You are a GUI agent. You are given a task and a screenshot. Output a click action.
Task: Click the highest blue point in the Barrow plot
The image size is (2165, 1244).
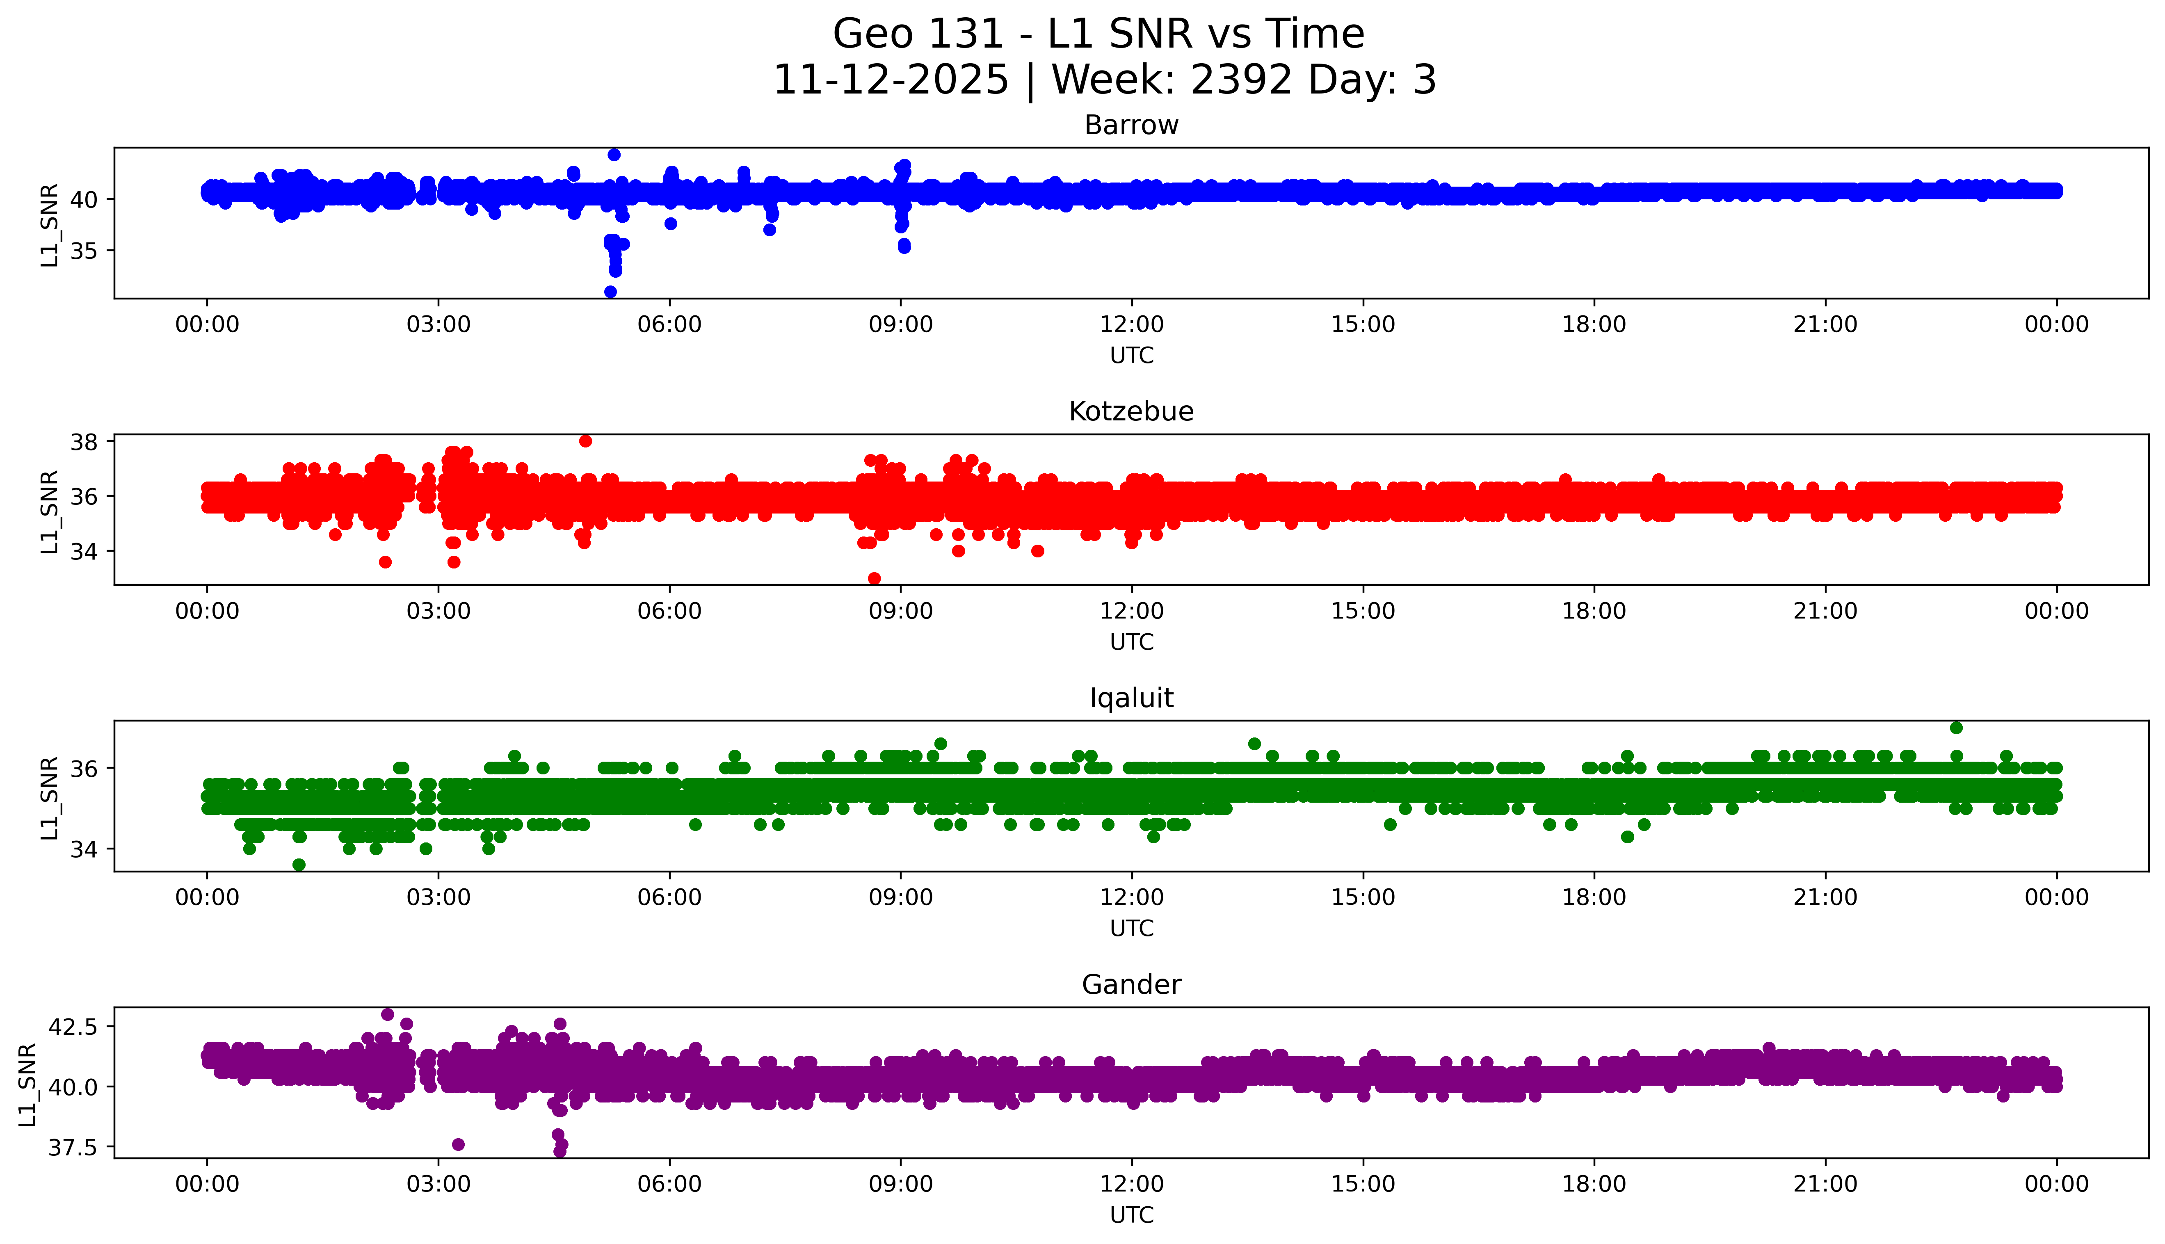pyautogui.click(x=614, y=155)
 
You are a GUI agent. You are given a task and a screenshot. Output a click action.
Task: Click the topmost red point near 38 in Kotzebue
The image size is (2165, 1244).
pyautogui.click(x=585, y=441)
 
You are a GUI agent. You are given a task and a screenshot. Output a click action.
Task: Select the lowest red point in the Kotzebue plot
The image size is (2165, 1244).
pyautogui.click(x=874, y=578)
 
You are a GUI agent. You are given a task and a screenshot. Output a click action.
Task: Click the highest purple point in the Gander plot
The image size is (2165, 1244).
pyautogui.click(x=387, y=1014)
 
